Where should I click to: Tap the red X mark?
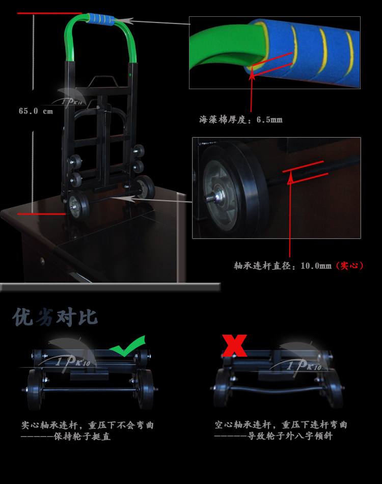[234, 345]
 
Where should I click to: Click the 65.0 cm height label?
[36, 111]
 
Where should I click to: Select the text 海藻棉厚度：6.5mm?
[241, 119]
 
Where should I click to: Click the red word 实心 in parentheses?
[349, 265]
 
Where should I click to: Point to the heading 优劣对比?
[55, 317]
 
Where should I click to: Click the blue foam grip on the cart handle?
[100, 19]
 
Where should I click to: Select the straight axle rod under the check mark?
[90, 390]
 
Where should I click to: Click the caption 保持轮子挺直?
[82, 437]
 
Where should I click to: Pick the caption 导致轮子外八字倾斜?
[290, 436]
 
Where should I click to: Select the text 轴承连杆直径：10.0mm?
[283, 266]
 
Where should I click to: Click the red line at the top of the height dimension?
[50, 13]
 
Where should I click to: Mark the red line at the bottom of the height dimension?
[42, 213]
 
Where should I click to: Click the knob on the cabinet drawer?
[42, 261]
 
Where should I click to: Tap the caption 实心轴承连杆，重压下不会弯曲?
[87, 425]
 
